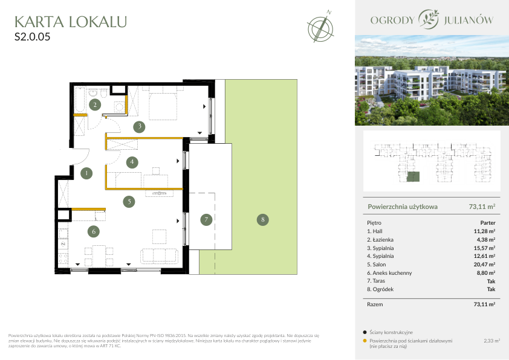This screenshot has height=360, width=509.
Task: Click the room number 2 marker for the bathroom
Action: coord(95,104)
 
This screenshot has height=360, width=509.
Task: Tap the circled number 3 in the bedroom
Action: coord(139,126)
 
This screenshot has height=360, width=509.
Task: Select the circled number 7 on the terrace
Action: coord(206,220)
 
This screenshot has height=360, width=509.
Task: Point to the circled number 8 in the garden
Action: coord(262,220)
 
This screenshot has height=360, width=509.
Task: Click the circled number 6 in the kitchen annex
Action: coord(94,231)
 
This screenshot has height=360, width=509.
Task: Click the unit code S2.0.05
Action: coord(33,37)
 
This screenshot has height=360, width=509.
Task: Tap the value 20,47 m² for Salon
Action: coord(484,265)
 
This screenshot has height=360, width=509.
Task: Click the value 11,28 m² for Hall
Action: coord(484,231)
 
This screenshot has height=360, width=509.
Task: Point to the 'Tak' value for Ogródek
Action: coord(491,289)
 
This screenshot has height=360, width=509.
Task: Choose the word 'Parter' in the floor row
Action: coord(488,223)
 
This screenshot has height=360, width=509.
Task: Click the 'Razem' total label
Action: coord(375,304)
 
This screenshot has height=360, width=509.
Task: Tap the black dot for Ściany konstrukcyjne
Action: coord(365,332)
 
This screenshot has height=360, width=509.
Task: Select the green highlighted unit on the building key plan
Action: coord(413,177)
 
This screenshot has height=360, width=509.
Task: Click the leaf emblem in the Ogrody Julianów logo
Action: coord(429,19)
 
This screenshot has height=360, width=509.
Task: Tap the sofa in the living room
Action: coord(159,256)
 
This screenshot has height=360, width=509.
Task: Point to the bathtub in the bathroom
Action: coord(80,99)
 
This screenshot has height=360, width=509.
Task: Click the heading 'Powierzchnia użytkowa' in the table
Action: coord(403,207)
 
